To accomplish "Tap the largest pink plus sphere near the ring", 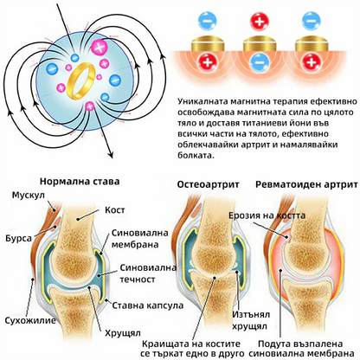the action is coord(100,48).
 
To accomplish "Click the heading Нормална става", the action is coord(80,182).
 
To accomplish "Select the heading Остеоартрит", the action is coord(208,184).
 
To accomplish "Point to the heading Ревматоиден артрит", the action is coord(306,184).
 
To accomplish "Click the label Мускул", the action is coord(29,196).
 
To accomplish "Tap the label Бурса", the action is coord(18,239).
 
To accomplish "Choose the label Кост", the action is coord(115,209).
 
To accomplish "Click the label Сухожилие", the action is coord(30,320).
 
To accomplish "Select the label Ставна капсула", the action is coord(148,305).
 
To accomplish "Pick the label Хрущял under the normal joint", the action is coord(123,333).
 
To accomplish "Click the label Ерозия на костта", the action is coord(267,215).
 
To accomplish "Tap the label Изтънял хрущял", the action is coord(251,320).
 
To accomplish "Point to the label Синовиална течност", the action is coord(148,273).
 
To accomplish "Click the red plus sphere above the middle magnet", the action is coord(260,22).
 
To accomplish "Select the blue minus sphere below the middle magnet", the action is coord(260,62).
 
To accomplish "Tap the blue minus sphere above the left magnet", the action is coord(208,22).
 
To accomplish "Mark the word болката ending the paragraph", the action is coord(196,155).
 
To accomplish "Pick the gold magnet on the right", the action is coord(312,44).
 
